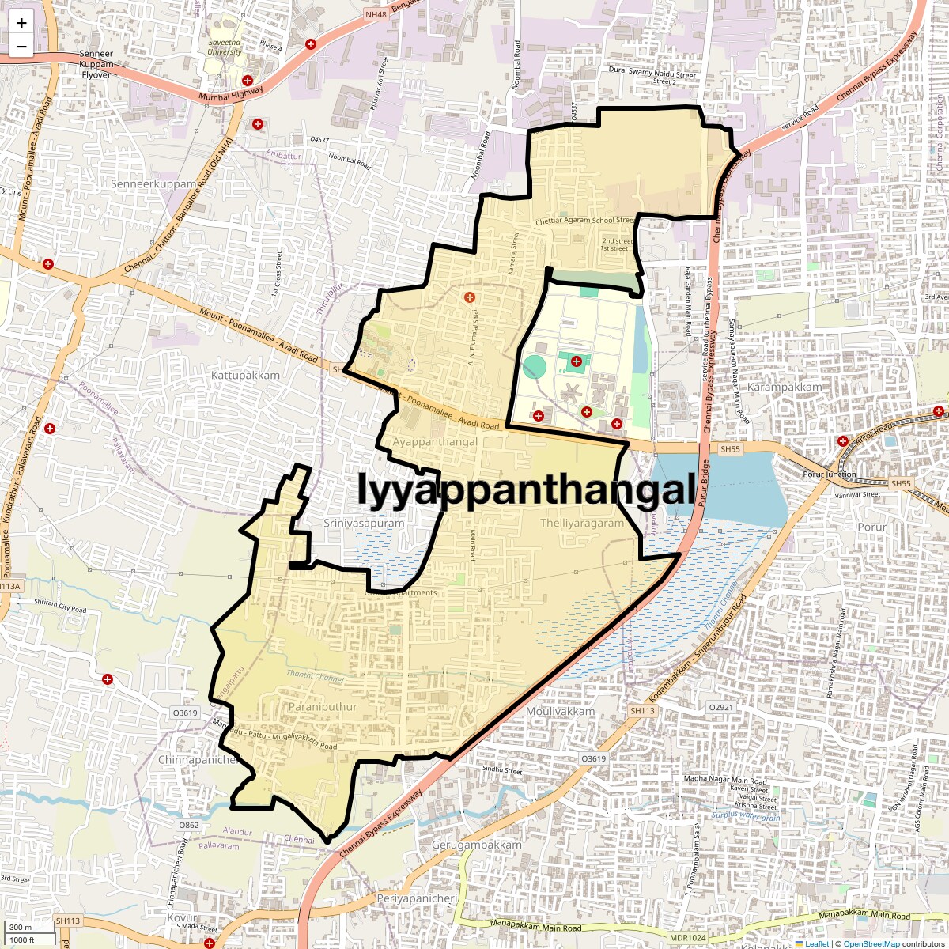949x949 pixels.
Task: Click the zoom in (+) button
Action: (x=21, y=23)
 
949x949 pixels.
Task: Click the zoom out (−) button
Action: (x=21, y=46)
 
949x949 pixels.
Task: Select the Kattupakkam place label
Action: (x=245, y=375)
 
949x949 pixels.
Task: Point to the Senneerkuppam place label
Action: (x=153, y=184)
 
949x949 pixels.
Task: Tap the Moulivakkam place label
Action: (x=560, y=711)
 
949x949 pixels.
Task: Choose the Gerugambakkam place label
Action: (x=476, y=845)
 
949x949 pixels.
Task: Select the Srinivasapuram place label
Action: (x=364, y=523)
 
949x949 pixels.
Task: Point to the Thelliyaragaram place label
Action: (x=582, y=523)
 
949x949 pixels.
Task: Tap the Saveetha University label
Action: (x=225, y=47)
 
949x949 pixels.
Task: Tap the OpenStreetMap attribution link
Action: (x=871, y=943)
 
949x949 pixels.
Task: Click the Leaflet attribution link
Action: (x=817, y=943)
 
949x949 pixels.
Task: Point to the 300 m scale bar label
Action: (x=21, y=928)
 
